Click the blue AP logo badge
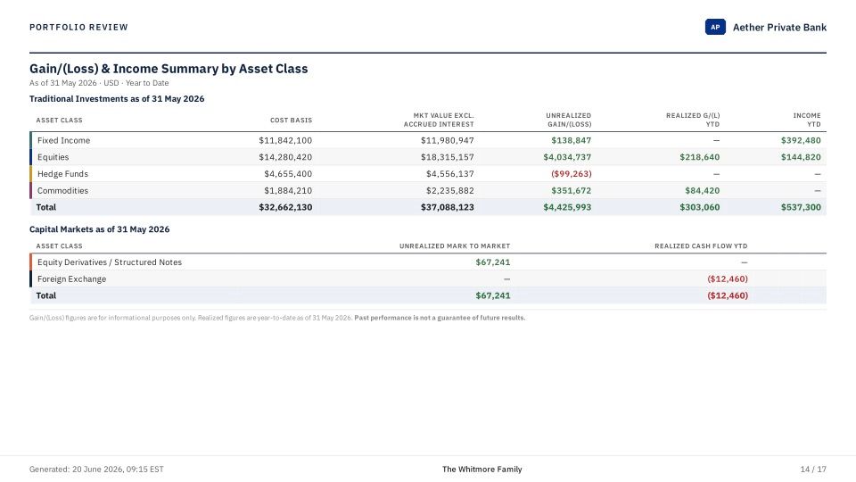[x=715, y=27]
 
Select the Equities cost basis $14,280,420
[x=285, y=157]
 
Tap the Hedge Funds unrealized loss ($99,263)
[x=571, y=174]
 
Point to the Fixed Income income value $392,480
[x=801, y=140]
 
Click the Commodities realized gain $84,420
[x=702, y=191]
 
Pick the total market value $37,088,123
[x=447, y=208]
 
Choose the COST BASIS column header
[x=291, y=120]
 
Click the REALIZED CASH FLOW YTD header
[x=701, y=246]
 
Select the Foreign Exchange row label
[x=71, y=279]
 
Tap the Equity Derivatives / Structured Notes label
[x=109, y=262]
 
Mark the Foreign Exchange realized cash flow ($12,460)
[x=728, y=279]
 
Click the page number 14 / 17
[x=813, y=470]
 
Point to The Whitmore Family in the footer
[x=482, y=470]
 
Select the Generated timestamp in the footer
[x=96, y=470]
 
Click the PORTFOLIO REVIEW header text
[x=78, y=28]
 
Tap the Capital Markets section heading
[x=99, y=229]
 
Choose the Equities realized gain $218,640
[x=699, y=157]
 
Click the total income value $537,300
[x=801, y=208]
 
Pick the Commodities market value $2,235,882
[x=449, y=191]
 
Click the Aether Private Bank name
[x=779, y=28]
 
